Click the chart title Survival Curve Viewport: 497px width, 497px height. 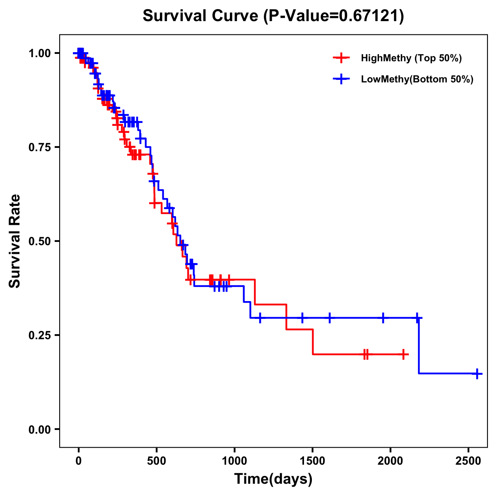pos(273,16)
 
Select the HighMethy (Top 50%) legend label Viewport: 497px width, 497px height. pos(411,58)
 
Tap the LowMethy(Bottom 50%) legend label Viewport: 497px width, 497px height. pos(417,79)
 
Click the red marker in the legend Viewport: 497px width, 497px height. pos(341,58)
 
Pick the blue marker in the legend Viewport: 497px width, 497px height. pos(341,79)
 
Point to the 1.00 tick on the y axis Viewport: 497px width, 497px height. pos(39,53)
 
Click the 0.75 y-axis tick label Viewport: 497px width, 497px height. pos(39,147)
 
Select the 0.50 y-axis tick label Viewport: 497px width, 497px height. pos(39,241)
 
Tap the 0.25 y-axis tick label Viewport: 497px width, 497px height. pos(39,335)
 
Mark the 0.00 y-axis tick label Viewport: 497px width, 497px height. pos(39,429)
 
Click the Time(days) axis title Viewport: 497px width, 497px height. pos(273,479)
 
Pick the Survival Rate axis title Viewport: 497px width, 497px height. pos(15,241)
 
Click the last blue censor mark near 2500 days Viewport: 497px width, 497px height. pos(477,374)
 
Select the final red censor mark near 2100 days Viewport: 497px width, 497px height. pos(403,355)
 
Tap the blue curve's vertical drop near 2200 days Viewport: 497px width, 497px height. pos(419,346)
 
